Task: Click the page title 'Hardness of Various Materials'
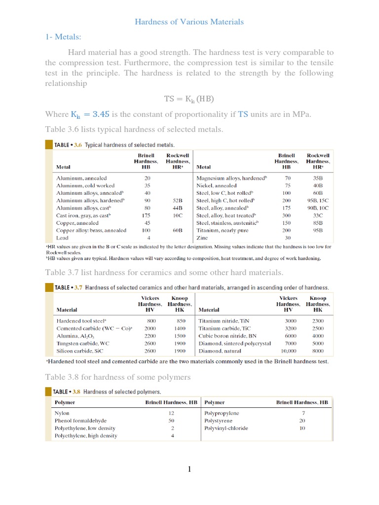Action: [x=189, y=22]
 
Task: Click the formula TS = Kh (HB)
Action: [x=189, y=99]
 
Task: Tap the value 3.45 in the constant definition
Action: [x=101, y=114]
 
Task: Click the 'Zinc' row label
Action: [x=202, y=238]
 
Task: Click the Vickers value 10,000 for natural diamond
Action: [x=288, y=351]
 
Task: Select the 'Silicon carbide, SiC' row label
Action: [x=80, y=351]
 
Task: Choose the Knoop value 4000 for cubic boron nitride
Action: [x=318, y=336]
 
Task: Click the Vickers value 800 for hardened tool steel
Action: [x=151, y=321]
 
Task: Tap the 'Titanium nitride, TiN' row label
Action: [x=224, y=321]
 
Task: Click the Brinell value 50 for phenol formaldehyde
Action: [x=171, y=421]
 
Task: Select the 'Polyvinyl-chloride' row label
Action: [x=226, y=428]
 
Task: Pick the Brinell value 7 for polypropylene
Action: [x=303, y=413]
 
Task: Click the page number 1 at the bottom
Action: [x=189, y=469]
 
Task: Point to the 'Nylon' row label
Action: [x=62, y=413]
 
